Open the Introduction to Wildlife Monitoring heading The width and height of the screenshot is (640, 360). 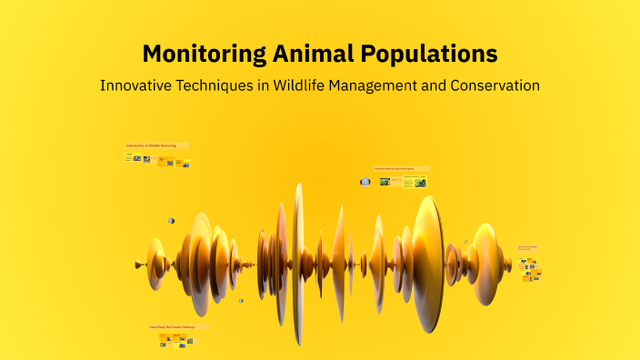click(x=155, y=145)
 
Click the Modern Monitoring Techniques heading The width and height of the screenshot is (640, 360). click(x=400, y=169)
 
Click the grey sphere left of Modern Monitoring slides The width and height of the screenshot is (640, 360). click(x=365, y=182)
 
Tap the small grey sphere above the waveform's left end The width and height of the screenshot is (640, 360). click(x=170, y=221)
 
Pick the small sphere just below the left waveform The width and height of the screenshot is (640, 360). click(x=241, y=301)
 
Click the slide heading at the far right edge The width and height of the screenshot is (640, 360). click(x=527, y=247)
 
